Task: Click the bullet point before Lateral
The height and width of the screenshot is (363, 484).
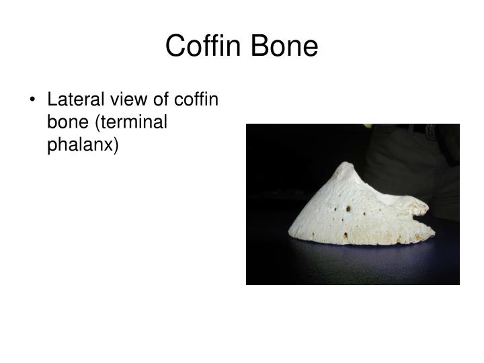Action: (34, 101)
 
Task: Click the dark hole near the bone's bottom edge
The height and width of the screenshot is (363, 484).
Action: (345, 236)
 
